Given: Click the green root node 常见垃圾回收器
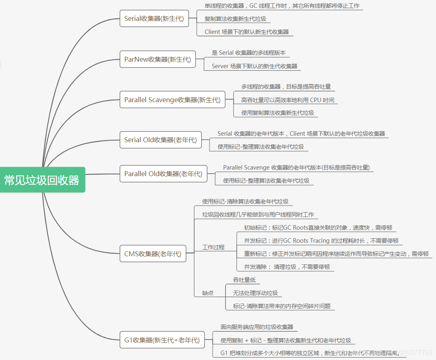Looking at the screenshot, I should (42, 180).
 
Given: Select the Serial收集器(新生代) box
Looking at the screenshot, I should (154, 18).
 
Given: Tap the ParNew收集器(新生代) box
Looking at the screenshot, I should (157, 59).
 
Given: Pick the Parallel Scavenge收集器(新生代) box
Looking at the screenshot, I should (172, 100).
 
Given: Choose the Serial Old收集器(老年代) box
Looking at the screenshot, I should (160, 140).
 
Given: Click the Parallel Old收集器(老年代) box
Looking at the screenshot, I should (163, 174).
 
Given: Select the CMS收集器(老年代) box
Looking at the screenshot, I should (153, 254).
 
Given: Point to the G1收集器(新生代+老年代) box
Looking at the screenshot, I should (162, 340).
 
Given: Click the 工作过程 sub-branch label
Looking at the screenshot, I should (214, 247).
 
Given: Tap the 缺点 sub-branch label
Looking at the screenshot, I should (208, 293).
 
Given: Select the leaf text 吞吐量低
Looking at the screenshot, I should (244, 280).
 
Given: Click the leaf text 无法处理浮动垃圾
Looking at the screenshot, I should (255, 293).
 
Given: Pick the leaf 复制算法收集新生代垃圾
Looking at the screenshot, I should (231, 19).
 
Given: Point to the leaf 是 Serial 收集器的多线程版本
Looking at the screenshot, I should (249, 53).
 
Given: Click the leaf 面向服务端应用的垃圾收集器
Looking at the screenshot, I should (257, 327).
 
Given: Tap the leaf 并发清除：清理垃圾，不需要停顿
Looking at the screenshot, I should (287, 267).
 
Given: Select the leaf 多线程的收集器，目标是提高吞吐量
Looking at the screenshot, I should (286, 87).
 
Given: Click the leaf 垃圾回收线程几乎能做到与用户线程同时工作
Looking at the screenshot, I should (258, 215).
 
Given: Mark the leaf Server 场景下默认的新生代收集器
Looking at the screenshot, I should (254, 66).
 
